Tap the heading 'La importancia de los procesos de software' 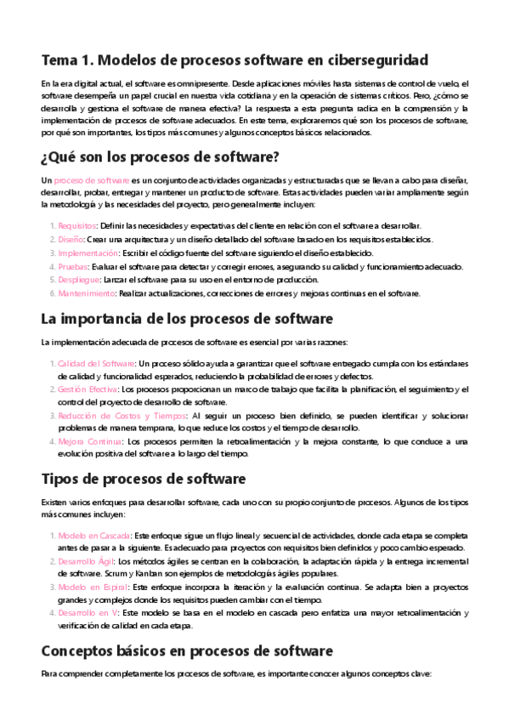[x=175, y=319]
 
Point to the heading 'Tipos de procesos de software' [x=144, y=479]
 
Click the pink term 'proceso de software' [x=91, y=181]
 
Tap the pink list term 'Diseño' [x=71, y=239]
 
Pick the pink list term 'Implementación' [x=88, y=253]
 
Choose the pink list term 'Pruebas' [x=73, y=266]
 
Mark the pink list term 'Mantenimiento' [x=86, y=293]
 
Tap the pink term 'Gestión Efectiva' [x=88, y=389]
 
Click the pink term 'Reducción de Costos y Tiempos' [x=122, y=416]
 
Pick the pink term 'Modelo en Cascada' [x=93, y=536]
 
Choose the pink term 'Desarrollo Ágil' [x=86, y=562]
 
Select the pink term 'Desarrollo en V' [x=88, y=613]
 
